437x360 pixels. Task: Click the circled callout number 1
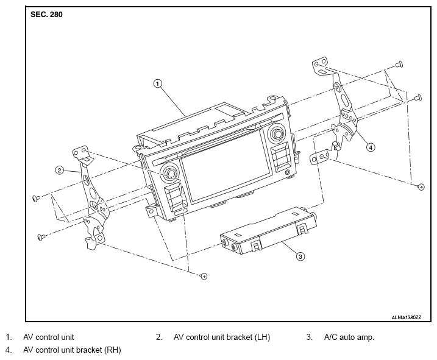158,84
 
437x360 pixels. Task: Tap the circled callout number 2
60,170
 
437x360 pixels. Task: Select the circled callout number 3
300,256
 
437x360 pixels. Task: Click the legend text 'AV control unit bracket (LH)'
221,337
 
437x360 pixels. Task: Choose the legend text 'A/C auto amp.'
349,337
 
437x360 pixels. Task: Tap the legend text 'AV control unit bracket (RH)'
72,350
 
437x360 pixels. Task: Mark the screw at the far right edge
420,185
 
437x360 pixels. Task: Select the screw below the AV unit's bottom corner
204,276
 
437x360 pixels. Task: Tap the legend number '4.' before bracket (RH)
8,350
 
